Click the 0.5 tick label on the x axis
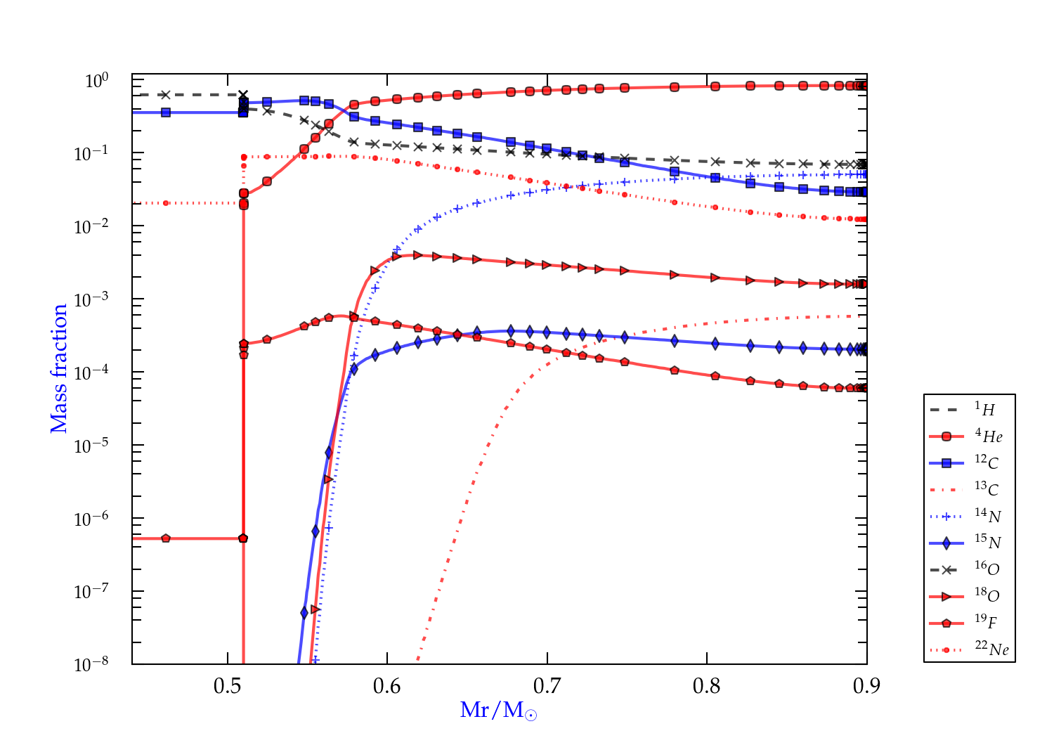point(228,686)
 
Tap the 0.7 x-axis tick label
point(547,686)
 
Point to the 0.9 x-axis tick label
point(866,686)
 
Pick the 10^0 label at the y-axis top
point(96,81)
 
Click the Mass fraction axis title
point(59,368)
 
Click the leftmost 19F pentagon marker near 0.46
point(166,538)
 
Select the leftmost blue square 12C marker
point(166,112)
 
